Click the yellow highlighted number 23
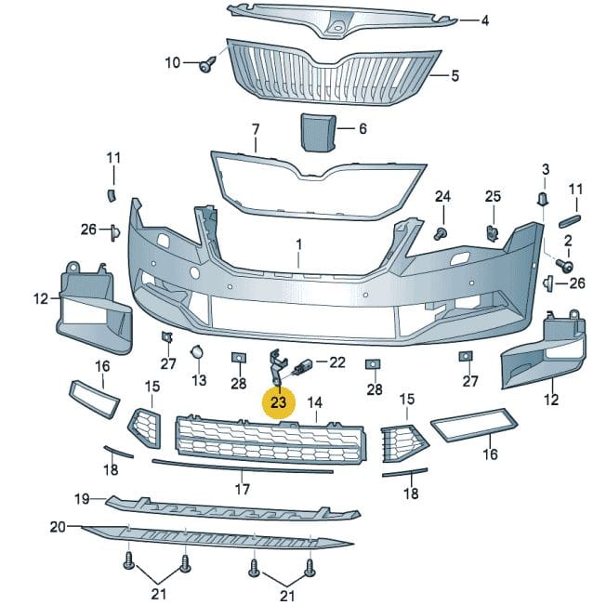click(x=278, y=402)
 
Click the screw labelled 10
click(x=207, y=64)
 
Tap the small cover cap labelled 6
click(x=318, y=132)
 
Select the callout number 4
click(x=485, y=20)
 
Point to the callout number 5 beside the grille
click(x=455, y=75)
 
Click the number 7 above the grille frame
click(x=256, y=130)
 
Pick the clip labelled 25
click(x=492, y=232)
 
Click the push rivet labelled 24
click(x=441, y=234)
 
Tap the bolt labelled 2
click(x=564, y=266)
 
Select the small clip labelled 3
click(x=543, y=198)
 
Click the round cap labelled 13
click(x=197, y=351)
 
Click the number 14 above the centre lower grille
click(x=315, y=402)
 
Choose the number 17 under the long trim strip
click(x=243, y=489)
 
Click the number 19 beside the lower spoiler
click(x=82, y=499)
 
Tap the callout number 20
click(x=58, y=527)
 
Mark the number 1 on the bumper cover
click(x=299, y=244)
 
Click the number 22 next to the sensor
click(x=337, y=362)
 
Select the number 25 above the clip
click(x=493, y=196)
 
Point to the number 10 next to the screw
click(x=173, y=62)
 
